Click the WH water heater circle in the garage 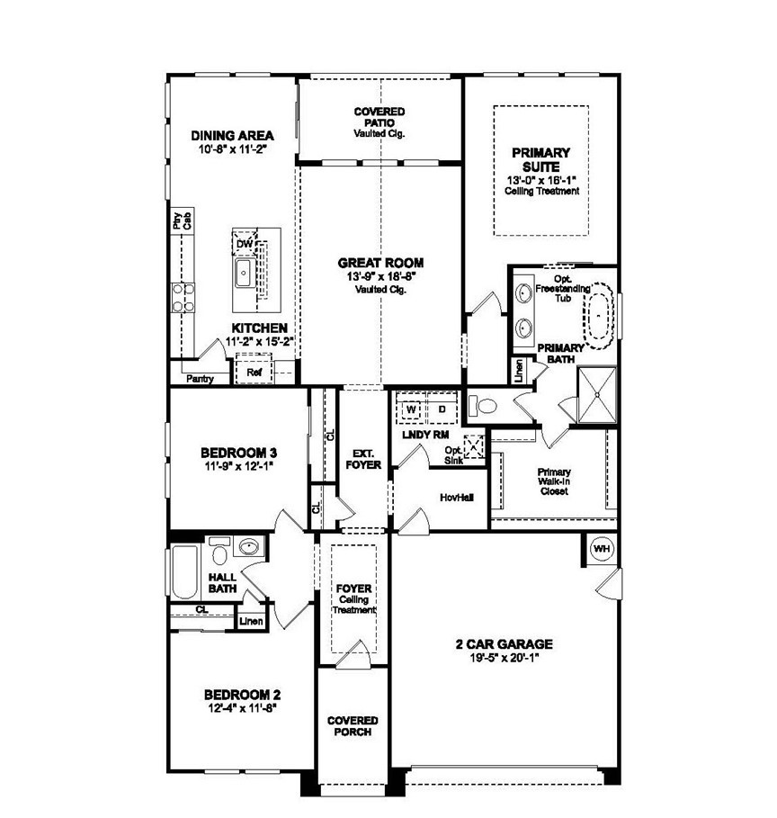pyautogui.click(x=600, y=548)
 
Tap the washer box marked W pyautogui.click(x=412, y=409)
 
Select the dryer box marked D pyautogui.click(x=442, y=409)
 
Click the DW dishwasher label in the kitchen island pyautogui.click(x=244, y=244)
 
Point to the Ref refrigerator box pyautogui.click(x=254, y=371)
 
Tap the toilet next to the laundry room pyautogui.click(x=484, y=406)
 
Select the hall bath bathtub pyautogui.click(x=184, y=572)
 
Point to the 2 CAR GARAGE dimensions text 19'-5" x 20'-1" pyautogui.click(x=503, y=657)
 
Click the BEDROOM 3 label pyautogui.click(x=234, y=452)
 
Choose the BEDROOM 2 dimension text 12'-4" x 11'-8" pyautogui.click(x=242, y=708)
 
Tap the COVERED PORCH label pyautogui.click(x=353, y=726)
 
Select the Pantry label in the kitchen pyautogui.click(x=200, y=379)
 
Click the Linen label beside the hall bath pyautogui.click(x=249, y=621)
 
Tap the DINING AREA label pyautogui.click(x=233, y=136)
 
